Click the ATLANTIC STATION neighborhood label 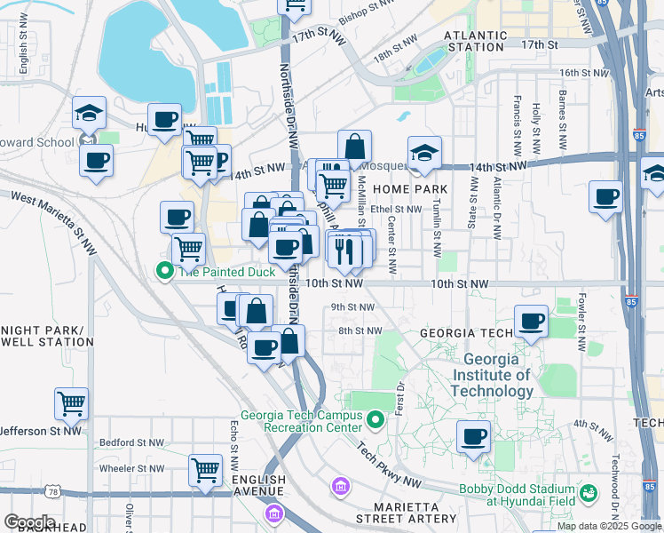[475, 41]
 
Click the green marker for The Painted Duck [164, 272]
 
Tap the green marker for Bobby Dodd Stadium [587, 491]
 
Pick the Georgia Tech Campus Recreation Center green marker [375, 417]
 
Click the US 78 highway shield [55, 491]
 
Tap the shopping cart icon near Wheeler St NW [205, 468]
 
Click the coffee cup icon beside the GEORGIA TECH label [532, 321]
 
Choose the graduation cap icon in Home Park [424, 152]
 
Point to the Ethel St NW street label [396, 210]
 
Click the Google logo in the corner [28, 522]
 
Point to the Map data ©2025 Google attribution [609, 526]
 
